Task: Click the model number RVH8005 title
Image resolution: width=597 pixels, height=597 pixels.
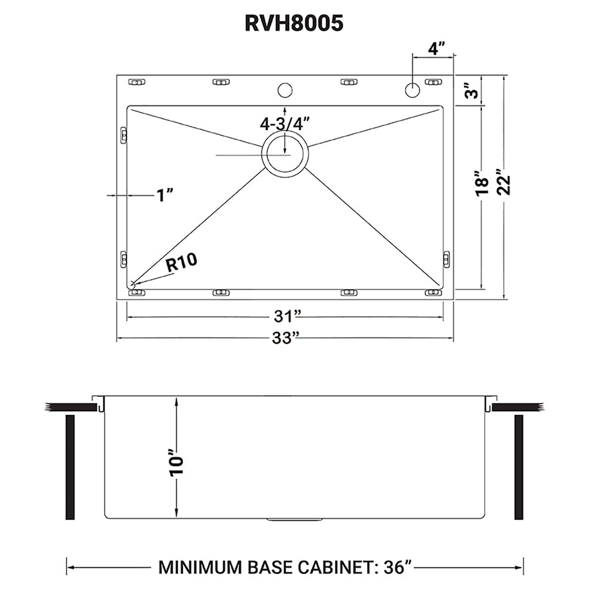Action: click(294, 23)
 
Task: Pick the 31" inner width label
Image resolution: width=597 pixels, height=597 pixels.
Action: click(285, 314)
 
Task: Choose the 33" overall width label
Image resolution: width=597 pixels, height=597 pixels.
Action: click(285, 338)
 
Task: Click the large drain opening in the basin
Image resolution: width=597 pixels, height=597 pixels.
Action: click(285, 154)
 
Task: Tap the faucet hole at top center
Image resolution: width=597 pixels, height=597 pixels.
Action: click(285, 90)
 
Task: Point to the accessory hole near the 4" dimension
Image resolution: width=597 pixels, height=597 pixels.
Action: click(412, 90)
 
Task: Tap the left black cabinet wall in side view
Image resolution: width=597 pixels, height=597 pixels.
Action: click(69, 467)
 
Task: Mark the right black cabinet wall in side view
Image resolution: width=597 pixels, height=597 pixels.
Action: click(518, 467)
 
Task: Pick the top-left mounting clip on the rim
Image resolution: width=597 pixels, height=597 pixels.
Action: click(136, 81)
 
